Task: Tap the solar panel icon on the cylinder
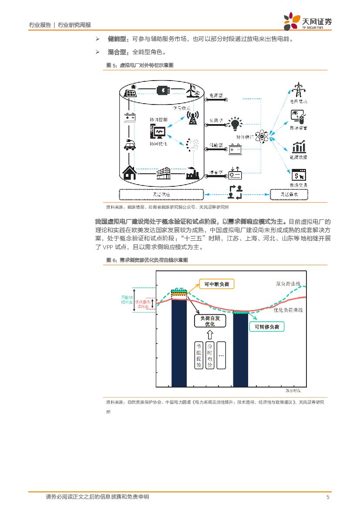click(x=131, y=93)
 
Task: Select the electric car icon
click(x=129, y=145)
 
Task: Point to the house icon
click(x=129, y=172)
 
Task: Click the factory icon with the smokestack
click(x=192, y=174)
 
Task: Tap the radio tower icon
click(x=192, y=118)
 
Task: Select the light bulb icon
click(x=236, y=124)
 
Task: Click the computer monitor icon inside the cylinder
click(x=158, y=131)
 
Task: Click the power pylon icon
click(x=299, y=91)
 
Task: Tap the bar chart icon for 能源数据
click(x=299, y=146)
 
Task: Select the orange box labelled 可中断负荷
click(x=216, y=284)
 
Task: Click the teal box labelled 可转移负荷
click(x=267, y=327)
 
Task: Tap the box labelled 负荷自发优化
click(x=210, y=321)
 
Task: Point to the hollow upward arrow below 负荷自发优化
click(x=210, y=334)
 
